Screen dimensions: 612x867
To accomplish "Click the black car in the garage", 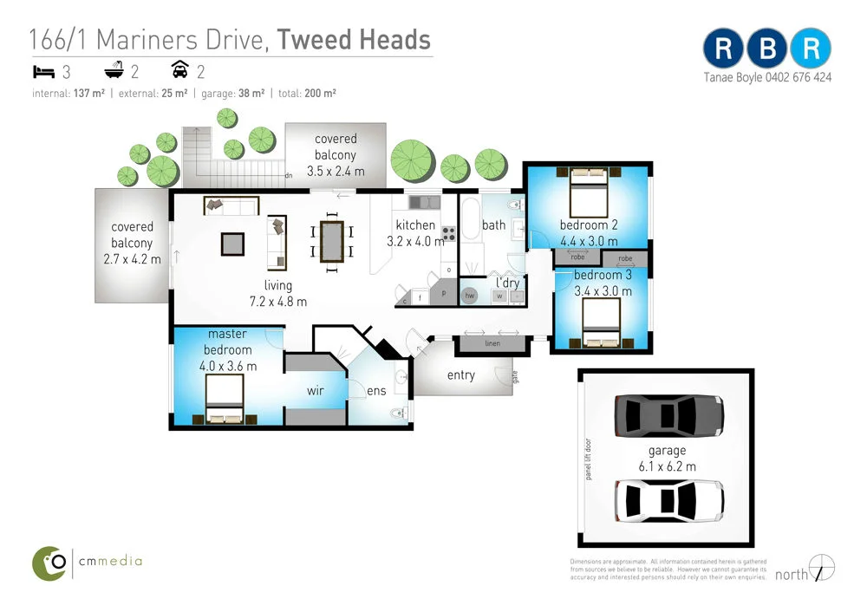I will (x=668, y=415).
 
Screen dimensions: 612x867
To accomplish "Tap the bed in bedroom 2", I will (x=588, y=194).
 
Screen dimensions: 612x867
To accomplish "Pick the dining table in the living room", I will (x=332, y=242).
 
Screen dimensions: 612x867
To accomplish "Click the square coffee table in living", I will (x=232, y=244).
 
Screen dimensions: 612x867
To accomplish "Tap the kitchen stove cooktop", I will (x=449, y=233).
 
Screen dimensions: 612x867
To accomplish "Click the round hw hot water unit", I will (x=470, y=296).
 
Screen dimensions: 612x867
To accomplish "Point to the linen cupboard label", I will (x=492, y=344).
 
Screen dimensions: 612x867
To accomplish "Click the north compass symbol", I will (x=821, y=568).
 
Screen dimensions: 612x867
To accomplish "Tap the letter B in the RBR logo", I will (x=767, y=49).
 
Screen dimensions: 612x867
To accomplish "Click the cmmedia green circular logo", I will (x=50, y=563).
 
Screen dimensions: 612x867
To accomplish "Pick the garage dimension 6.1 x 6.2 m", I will (x=667, y=466).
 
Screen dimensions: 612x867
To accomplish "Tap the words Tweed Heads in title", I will (x=355, y=39).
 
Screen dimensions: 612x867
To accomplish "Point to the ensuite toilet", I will (x=400, y=413).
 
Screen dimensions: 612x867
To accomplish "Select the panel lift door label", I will (x=589, y=457).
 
